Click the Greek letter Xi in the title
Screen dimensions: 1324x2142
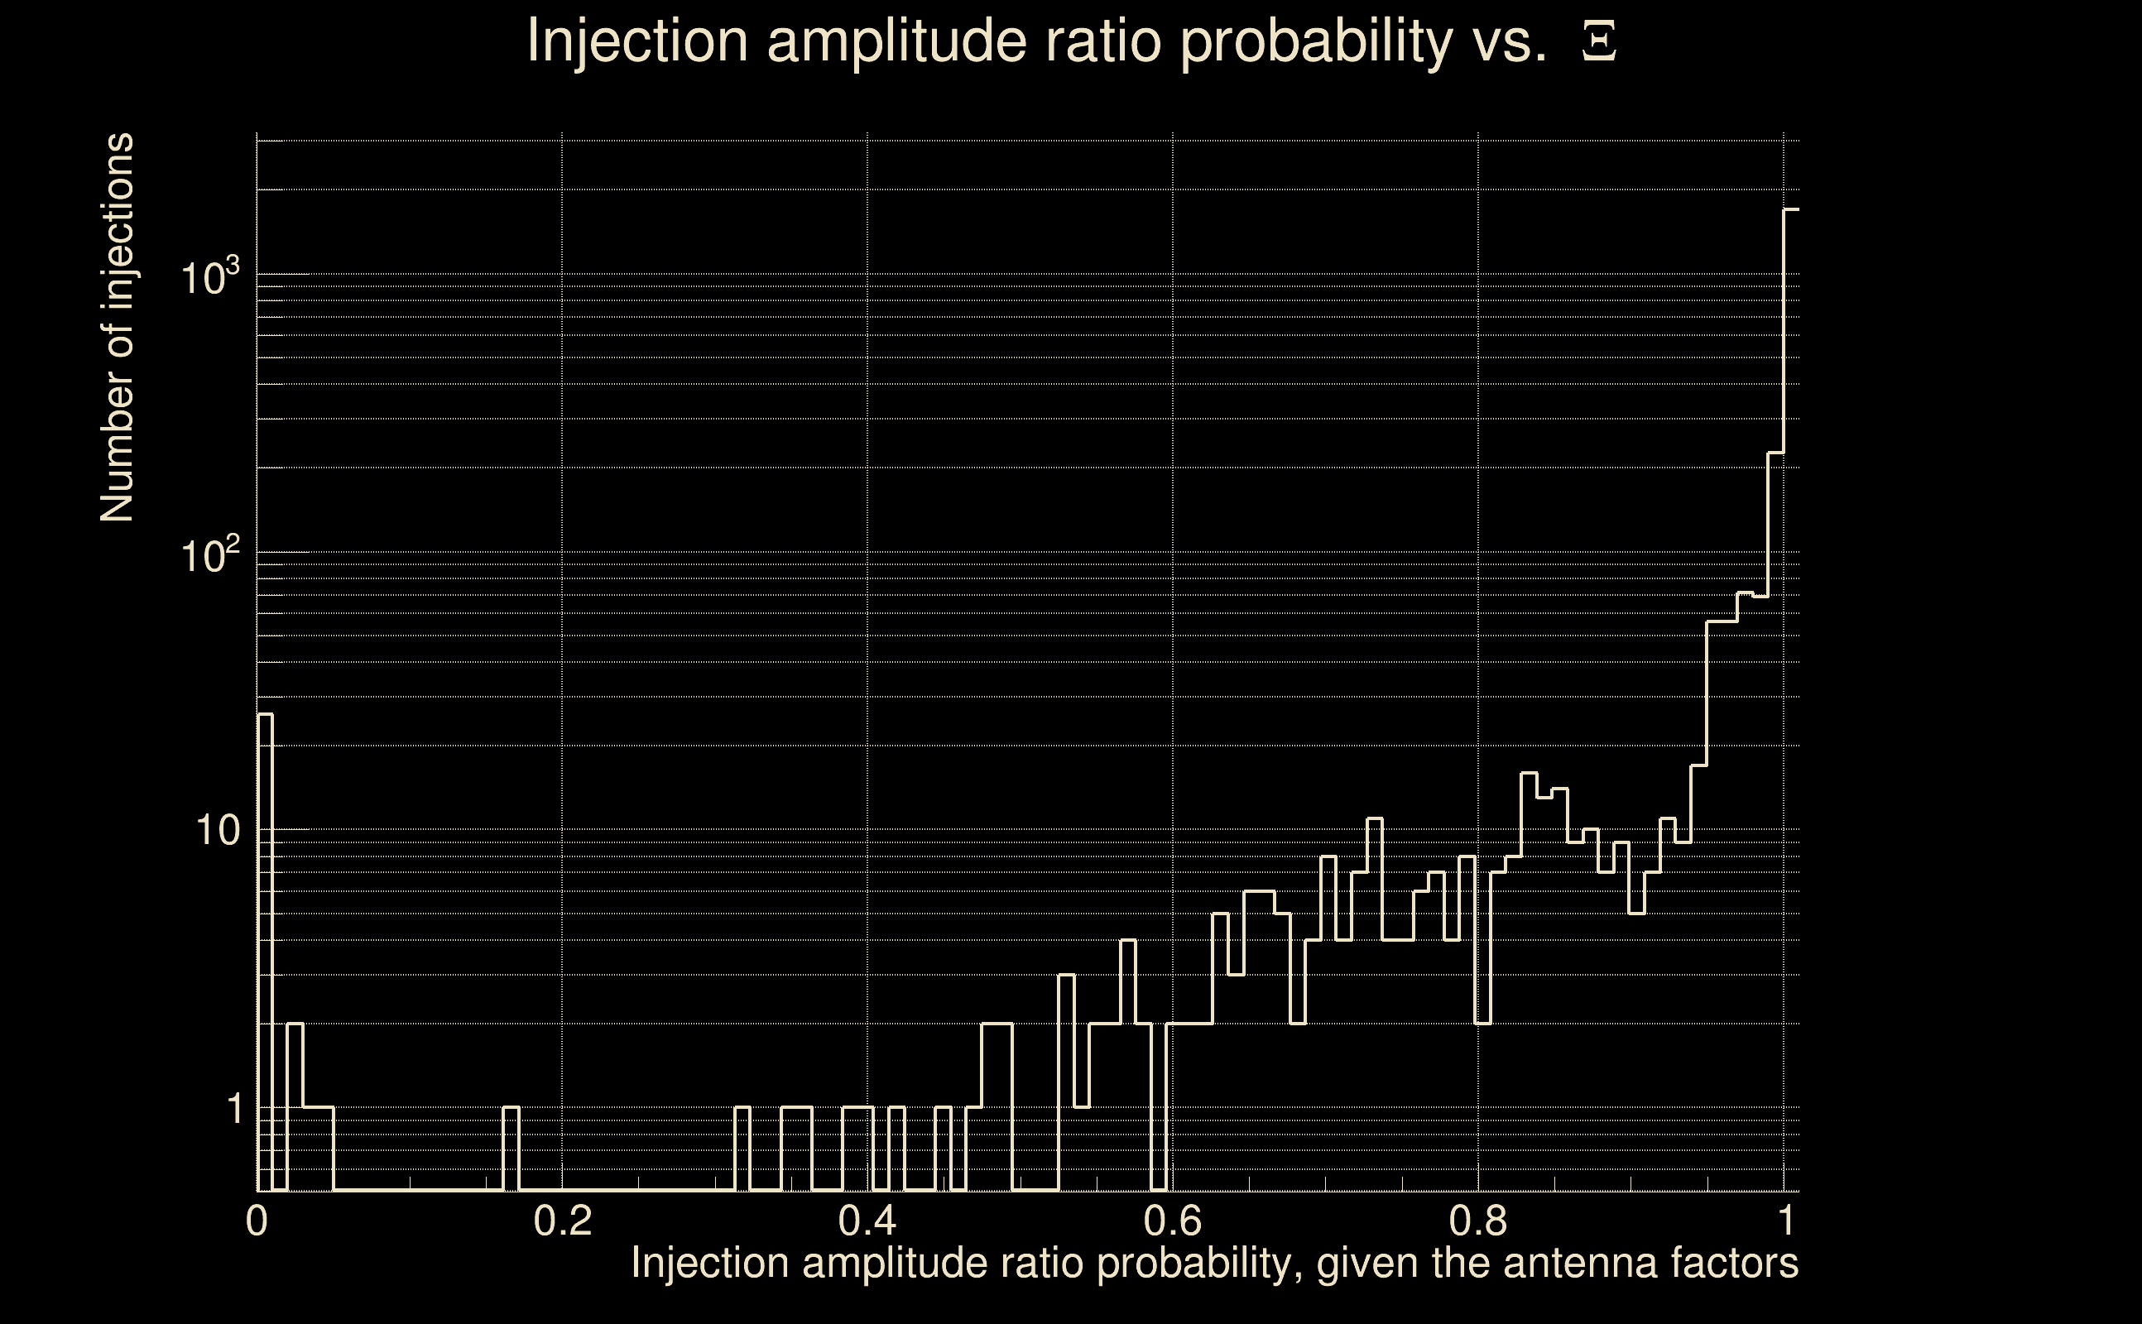click(1599, 41)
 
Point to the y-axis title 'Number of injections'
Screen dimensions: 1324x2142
click(118, 328)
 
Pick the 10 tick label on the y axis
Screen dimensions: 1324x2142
click(217, 831)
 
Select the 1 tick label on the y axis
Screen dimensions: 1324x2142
click(234, 1110)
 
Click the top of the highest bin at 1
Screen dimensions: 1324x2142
click(1791, 210)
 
